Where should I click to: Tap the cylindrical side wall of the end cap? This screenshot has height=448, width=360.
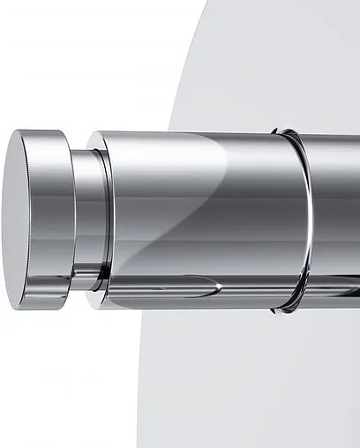pyautogui.click(x=56, y=220)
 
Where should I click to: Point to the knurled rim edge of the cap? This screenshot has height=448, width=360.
pyautogui.click(x=41, y=220)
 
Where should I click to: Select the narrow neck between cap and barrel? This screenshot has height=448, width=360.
pyautogui.click(x=80, y=220)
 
